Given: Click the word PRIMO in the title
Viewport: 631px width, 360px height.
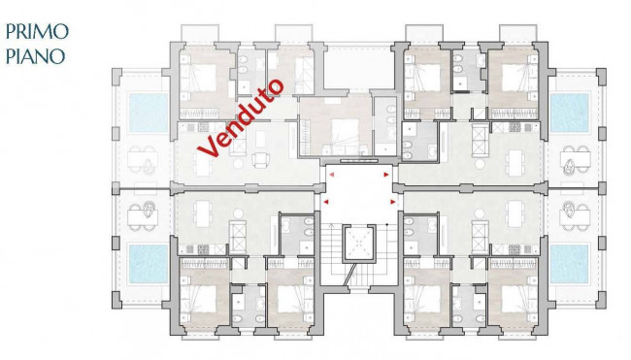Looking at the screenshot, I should (x=35, y=31).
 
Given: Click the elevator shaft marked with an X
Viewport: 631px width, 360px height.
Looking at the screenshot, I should (x=357, y=244).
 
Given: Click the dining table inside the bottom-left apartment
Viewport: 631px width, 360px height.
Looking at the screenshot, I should (x=202, y=212).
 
